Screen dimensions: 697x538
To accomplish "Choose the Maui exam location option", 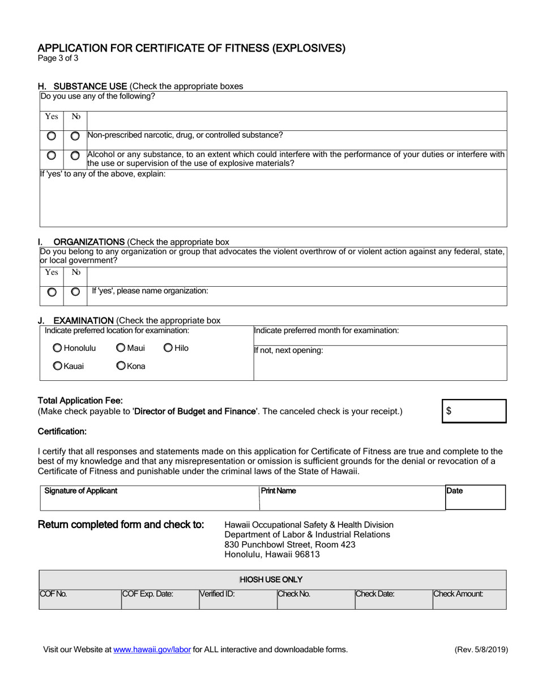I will click(x=121, y=348).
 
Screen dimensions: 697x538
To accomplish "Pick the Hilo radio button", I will click(x=168, y=348).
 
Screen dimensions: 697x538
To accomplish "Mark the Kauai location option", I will click(x=58, y=366).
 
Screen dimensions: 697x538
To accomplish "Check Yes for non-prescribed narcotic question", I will click(x=52, y=136).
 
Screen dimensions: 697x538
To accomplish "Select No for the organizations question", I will click(x=75, y=292).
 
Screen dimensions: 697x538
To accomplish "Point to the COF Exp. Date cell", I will click(x=160, y=598).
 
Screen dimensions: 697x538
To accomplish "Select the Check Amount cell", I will click(x=469, y=598).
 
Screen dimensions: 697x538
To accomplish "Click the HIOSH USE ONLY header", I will click(x=271, y=579).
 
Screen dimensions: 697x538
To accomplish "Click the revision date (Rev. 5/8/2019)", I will click(x=481, y=650).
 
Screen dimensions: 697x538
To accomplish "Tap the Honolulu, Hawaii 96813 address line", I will click(x=272, y=555).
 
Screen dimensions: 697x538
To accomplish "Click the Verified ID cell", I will click(x=237, y=598).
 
